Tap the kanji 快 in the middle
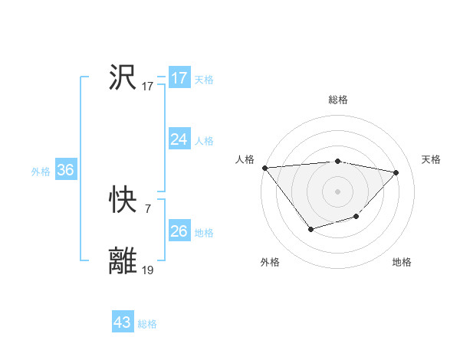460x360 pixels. (123, 201)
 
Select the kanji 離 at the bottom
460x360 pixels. (123, 261)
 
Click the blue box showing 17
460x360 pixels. (179, 78)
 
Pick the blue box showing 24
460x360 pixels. (179, 139)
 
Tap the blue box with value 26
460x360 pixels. (179, 231)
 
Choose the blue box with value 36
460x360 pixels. (65, 170)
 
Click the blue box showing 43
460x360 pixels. (122, 322)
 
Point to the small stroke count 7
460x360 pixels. (147, 208)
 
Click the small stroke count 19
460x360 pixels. (148, 270)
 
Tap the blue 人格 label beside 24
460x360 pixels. (204, 141)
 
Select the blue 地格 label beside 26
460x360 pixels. (204, 233)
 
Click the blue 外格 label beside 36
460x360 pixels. (41, 172)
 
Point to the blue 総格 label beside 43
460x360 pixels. (147, 324)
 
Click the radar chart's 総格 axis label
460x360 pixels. (338, 100)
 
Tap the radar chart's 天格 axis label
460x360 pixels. (431, 159)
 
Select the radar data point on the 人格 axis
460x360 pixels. (264, 168)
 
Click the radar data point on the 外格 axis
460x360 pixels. (310, 229)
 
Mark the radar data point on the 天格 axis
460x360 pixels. (396, 172)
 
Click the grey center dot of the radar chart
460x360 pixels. (338, 191)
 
